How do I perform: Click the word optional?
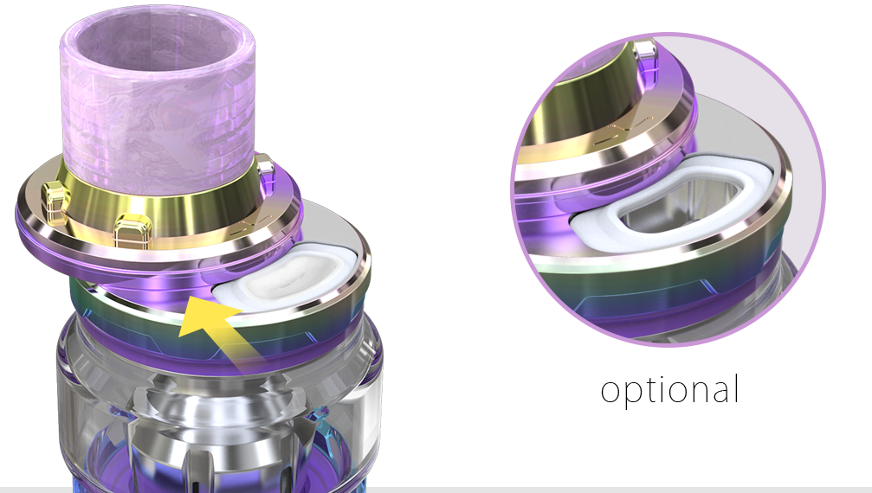click(669, 390)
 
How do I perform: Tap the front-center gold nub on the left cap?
click(132, 232)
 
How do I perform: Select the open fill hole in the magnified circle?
click(681, 206)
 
